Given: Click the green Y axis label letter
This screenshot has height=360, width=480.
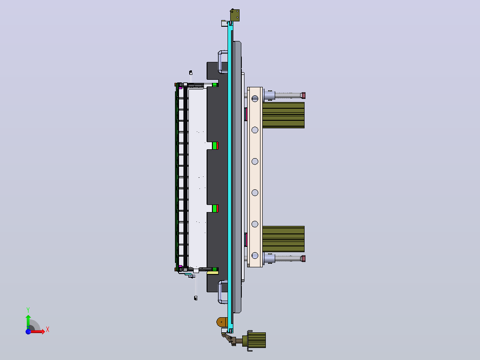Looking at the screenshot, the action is click(28, 310).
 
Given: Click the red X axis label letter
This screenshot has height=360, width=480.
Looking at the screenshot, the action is click(48, 330).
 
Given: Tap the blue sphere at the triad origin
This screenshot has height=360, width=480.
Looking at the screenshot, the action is click(28, 331).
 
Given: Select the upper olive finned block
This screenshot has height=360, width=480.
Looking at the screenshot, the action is click(284, 115).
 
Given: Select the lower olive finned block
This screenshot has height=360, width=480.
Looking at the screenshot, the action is click(284, 239).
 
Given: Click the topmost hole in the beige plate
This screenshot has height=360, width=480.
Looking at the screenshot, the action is click(255, 98).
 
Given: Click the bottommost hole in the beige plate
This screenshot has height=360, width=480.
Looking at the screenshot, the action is click(255, 256).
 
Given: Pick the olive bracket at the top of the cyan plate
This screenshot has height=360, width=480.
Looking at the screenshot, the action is click(235, 15).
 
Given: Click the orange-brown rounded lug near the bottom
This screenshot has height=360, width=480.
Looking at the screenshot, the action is click(222, 322).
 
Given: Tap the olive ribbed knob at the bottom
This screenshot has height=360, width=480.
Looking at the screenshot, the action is click(256, 340).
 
